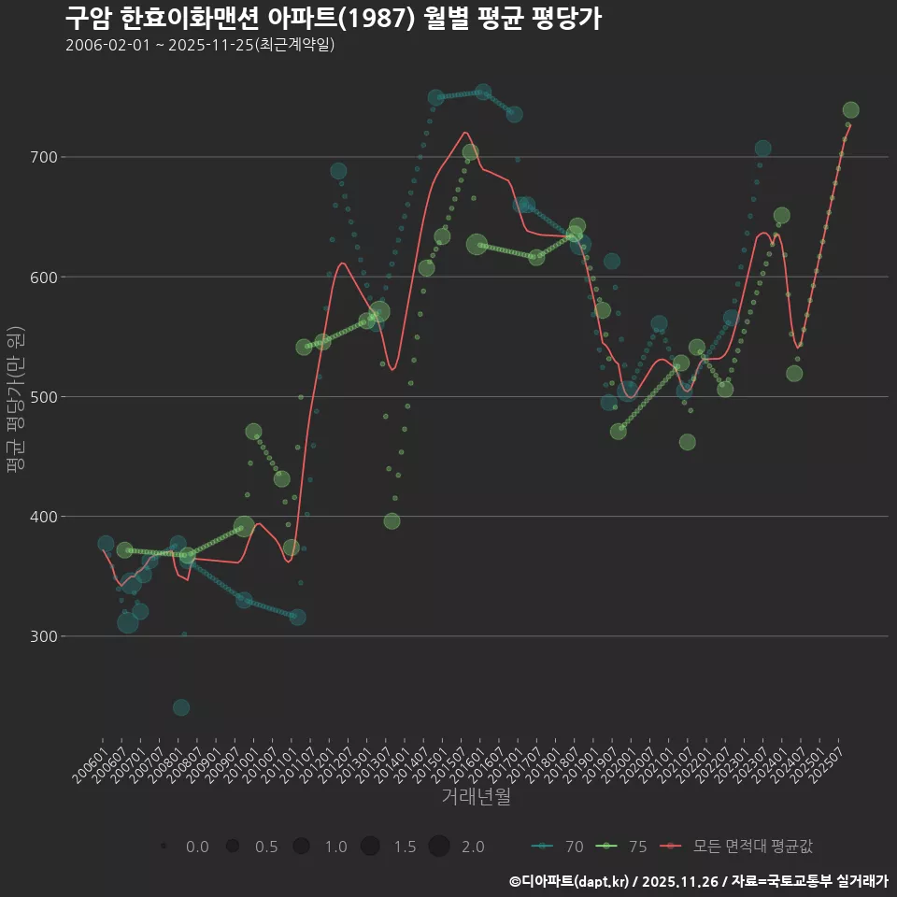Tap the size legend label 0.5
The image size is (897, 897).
point(266,847)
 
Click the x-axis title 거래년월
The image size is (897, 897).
point(476,797)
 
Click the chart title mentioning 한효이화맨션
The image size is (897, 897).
point(333,18)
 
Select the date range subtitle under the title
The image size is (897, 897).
point(200,45)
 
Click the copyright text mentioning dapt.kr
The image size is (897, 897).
point(698,880)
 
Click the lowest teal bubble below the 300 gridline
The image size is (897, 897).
point(181,707)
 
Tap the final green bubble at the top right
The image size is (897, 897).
point(850,110)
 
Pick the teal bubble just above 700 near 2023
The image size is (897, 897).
point(763,149)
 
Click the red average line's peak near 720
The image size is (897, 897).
point(464,132)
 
